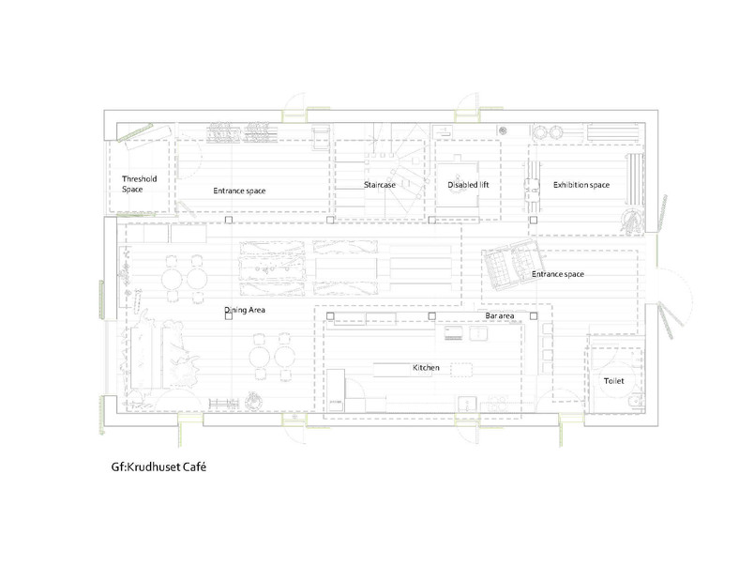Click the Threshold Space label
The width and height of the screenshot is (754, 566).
pyautogui.click(x=139, y=184)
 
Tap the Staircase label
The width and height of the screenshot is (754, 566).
pyautogui.click(x=380, y=185)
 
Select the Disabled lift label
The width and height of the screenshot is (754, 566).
pyautogui.click(x=468, y=185)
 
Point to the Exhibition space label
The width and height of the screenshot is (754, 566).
pyautogui.click(x=581, y=185)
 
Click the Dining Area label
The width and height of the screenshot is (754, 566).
pyautogui.click(x=245, y=310)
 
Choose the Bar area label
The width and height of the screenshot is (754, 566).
pyautogui.click(x=500, y=316)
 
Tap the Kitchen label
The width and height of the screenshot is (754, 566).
pyautogui.click(x=426, y=368)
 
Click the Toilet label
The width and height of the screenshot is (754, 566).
pyautogui.click(x=614, y=381)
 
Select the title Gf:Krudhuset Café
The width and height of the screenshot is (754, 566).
pyautogui.click(x=158, y=467)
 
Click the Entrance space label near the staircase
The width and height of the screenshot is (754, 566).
pyautogui.click(x=239, y=191)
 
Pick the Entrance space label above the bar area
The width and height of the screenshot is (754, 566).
pyautogui.click(x=558, y=274)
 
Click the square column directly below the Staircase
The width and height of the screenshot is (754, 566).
pyautogui.click(x=330, y=220)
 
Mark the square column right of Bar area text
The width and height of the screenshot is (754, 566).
pyautogui.click(x=534, y=316)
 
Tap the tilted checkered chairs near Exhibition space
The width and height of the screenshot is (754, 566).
pyautogui.click(x=513, y=264)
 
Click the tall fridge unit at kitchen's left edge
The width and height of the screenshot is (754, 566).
pyautogui.click(x=337, y=390)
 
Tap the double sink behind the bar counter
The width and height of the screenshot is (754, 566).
pyautogui.click(x=466, y=333)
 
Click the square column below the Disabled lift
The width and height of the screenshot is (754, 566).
pyautogui.click(x=431, y=220)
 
